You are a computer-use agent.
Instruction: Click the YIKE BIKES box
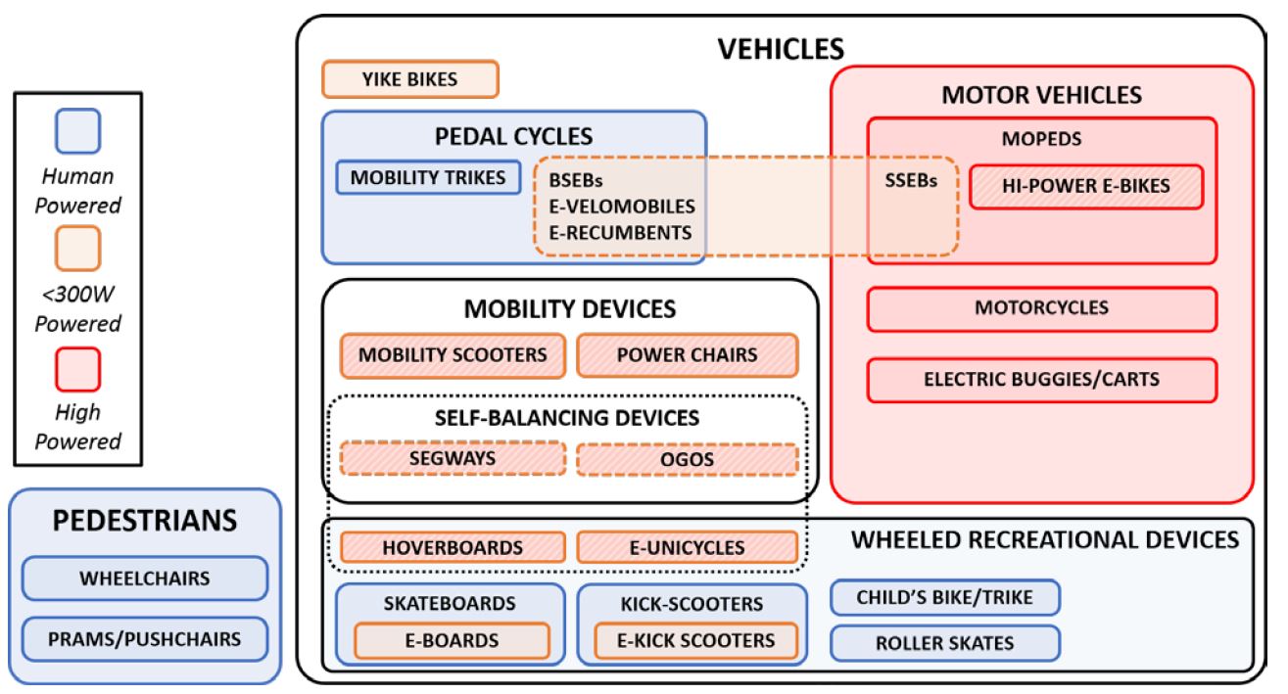(410, 79)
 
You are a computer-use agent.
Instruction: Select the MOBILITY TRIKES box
(428, 177)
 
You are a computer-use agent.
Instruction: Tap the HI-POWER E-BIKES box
(1085, 186)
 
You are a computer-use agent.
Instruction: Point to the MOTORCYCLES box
(1041, 308)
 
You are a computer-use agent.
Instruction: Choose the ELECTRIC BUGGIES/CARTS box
(1041, 379)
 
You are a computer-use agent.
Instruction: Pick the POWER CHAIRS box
(687, 355)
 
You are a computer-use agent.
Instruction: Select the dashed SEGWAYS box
(453, 458)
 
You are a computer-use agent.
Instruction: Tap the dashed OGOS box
(687, 459)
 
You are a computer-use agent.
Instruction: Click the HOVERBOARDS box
(453, 547)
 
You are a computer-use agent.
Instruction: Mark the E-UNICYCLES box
(687, 547)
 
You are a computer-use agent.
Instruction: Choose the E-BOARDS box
(452, 641)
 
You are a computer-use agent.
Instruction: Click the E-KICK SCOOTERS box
(695, 641)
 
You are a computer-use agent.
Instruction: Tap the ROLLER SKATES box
(945, 643)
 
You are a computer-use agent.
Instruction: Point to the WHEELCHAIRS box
(145, 578)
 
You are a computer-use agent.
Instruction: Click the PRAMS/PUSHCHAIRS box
(145, 640)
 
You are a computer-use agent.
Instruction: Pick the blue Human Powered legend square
(78, 132)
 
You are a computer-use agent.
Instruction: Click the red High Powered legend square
(78, 369)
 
